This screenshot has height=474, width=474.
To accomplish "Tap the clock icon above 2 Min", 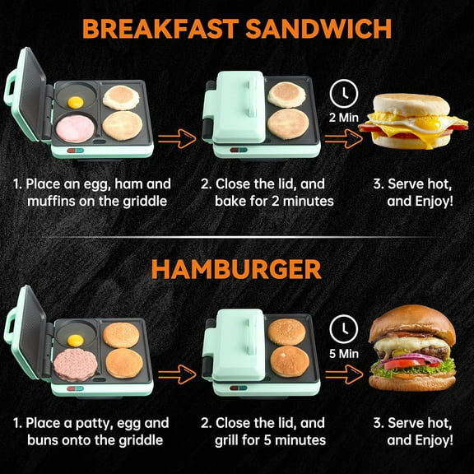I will point(345,91).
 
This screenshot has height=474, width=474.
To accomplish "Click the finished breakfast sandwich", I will point(415,122).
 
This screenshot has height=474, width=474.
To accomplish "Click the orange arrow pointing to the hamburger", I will point(345,374).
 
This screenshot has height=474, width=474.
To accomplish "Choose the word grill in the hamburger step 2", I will point(234,440).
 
